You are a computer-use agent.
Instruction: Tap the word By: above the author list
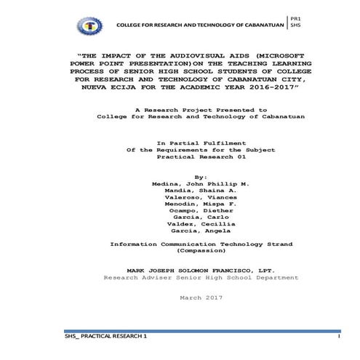coord(181,176)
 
